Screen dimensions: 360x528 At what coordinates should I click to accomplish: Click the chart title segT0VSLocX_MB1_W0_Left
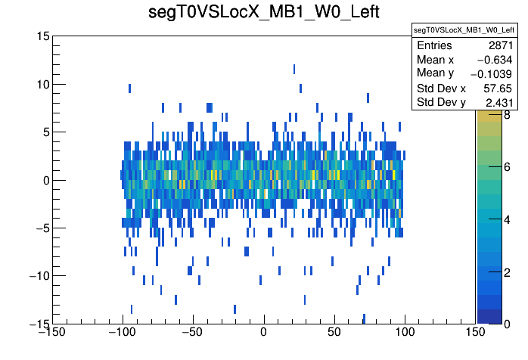point(263,14)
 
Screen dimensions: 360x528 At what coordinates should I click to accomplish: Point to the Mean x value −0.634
point(497,60)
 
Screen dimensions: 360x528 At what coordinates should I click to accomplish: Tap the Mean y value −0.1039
point(492,73)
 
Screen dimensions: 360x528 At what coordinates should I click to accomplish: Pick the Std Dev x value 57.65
point(500,88)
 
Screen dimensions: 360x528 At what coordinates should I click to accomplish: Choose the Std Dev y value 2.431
point(500,101)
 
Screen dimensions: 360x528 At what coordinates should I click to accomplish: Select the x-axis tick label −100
point(122,332)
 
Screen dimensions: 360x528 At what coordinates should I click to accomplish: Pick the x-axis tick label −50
point(193,332)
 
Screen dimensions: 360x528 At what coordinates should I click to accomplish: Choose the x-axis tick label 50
point(334,332)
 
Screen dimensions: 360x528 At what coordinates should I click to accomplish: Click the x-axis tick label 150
point(475,332)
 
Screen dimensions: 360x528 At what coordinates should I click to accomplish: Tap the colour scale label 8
point(506,115)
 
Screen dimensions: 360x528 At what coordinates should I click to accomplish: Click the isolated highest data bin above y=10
point(294,69)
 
